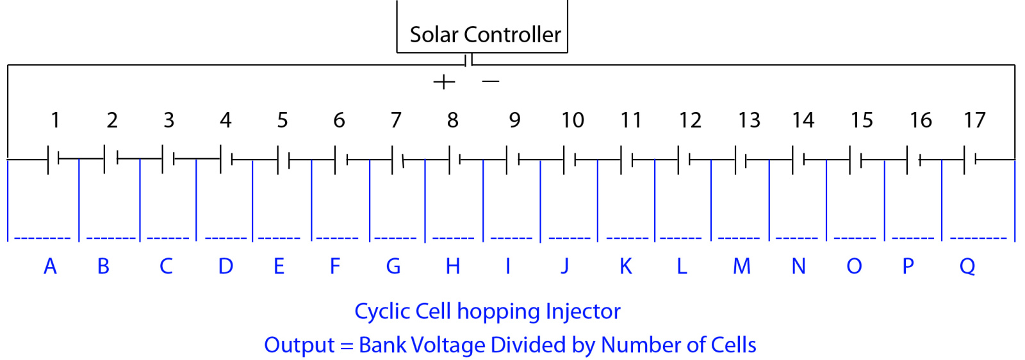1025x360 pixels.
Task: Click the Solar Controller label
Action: tap(485, 35)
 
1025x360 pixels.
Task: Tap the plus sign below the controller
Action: tap(444, 82)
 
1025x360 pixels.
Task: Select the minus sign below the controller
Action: tap(490, 81)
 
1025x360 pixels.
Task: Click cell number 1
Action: tap(56, 120)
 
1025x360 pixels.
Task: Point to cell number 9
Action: tap(514, 120)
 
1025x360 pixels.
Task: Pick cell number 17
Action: tap(974, 120)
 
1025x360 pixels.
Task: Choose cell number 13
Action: tap(749, 120)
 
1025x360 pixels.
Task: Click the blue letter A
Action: tap(50, 266)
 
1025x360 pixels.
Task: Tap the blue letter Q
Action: tap(967, 266)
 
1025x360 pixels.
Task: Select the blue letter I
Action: tap(508, 266)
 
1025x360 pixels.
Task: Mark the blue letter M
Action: tap(742, 266)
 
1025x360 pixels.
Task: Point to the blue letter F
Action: tap(334, 266)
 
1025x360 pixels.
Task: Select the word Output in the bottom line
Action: tap(299, 345)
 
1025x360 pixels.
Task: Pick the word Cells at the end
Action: tap(733, 345)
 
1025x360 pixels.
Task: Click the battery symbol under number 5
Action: tap(283, 159)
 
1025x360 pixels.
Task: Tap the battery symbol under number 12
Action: tap(684, 159)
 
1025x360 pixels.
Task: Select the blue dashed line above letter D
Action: tap(225, 238)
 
